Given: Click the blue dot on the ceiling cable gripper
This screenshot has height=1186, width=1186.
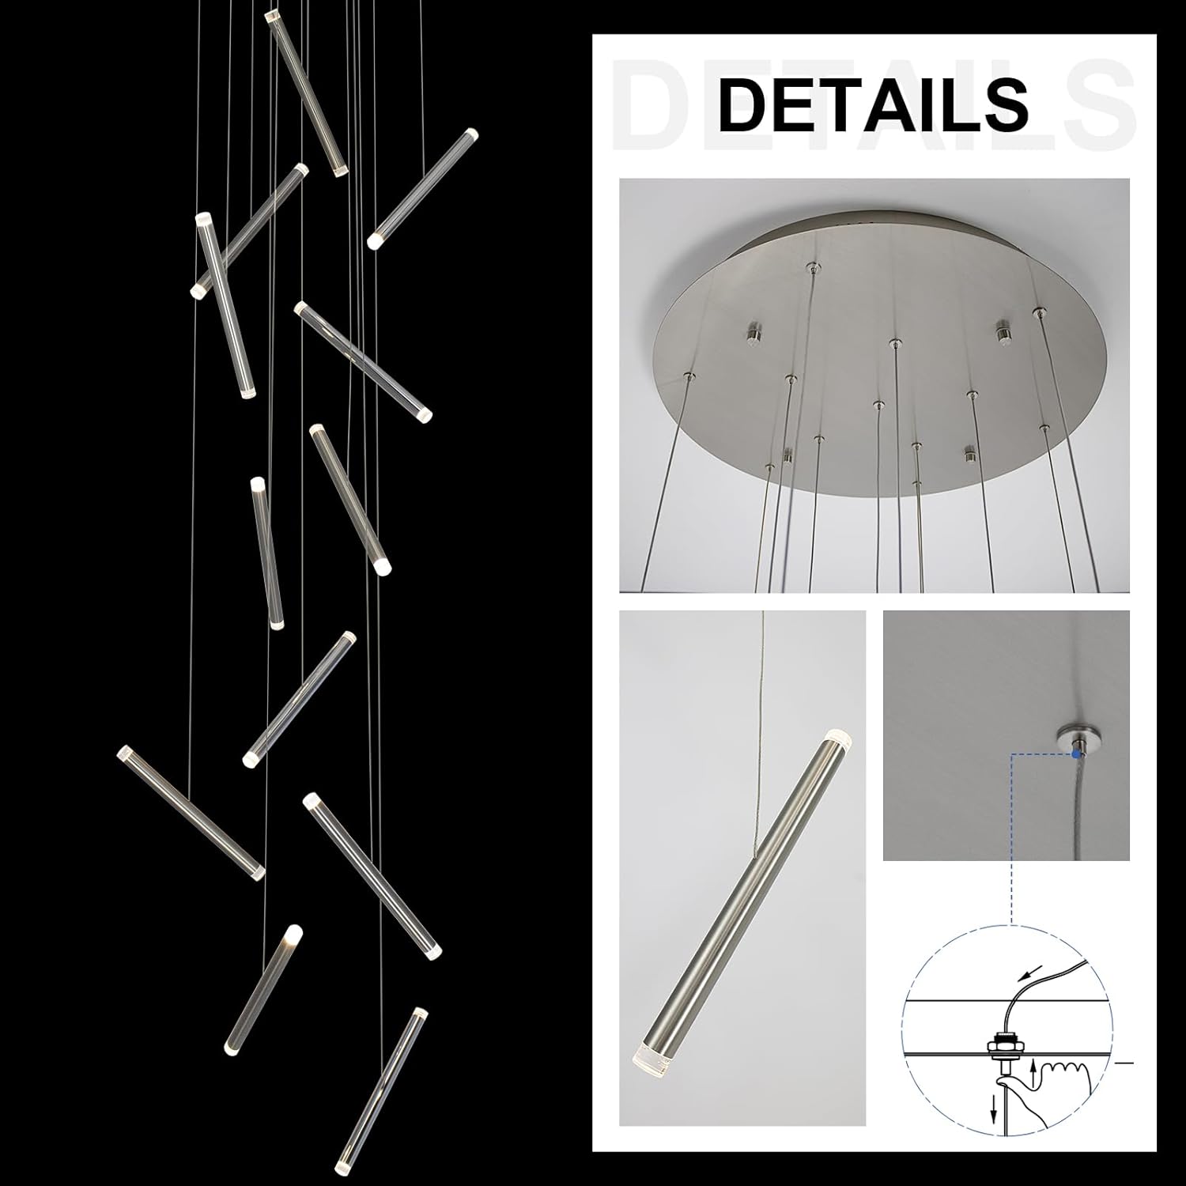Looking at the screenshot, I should (1075, 754).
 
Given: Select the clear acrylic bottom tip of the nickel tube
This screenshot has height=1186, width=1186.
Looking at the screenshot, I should (650, 1056).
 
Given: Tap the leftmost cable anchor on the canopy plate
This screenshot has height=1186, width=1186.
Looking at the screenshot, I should (690, 376).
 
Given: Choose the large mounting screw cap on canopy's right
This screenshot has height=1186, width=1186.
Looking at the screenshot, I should (1003, 331).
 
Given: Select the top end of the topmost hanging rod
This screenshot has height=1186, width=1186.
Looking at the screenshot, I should (273, 16).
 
